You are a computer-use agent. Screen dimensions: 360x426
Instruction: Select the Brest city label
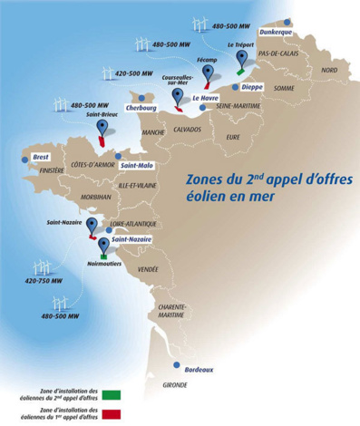click(40, 157)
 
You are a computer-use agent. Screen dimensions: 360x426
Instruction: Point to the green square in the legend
click(112, 394)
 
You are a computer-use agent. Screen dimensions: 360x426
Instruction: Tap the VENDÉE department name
click(148, 269)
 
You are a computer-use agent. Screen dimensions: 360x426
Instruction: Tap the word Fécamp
click(207, 61)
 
